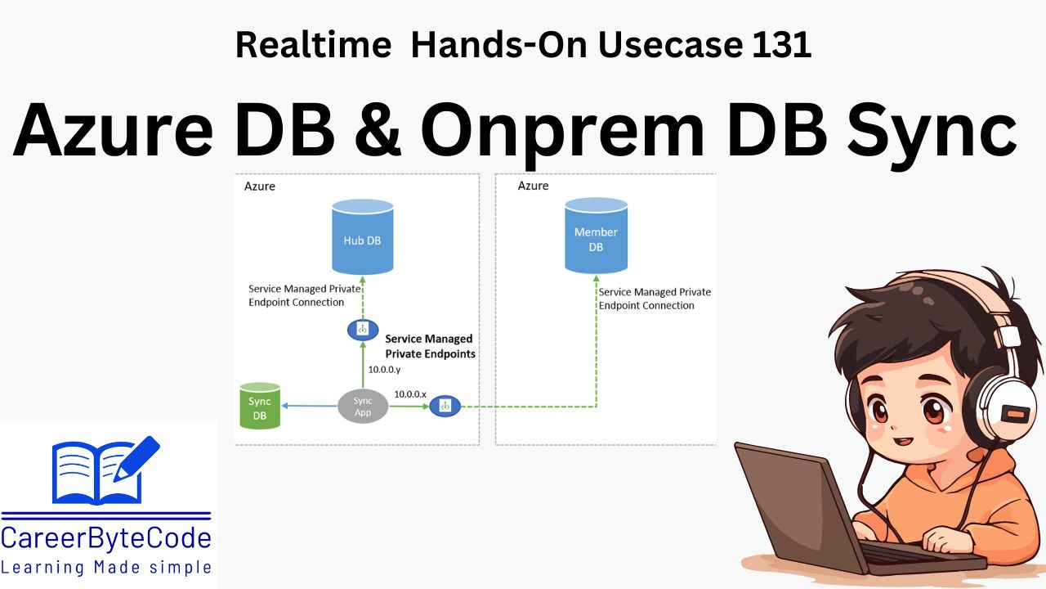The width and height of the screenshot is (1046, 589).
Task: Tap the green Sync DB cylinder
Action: tap(260, 406)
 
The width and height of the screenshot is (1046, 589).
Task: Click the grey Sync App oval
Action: tap(363, 406)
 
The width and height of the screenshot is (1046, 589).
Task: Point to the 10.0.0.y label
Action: tap(384, 369)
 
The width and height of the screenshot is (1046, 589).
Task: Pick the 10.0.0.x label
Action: tap(410, 393)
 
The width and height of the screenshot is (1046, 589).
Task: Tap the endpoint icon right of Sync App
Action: tap(445, 406)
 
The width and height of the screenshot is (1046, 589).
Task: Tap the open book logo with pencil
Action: tap(105, 470)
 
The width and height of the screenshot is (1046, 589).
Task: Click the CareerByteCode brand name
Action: tap(106, 538)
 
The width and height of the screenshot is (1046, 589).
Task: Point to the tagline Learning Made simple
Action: tap(106, 567)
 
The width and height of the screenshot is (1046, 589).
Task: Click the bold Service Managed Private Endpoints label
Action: tap(429, 346)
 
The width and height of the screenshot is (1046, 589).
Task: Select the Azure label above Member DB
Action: tap(533, 187)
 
